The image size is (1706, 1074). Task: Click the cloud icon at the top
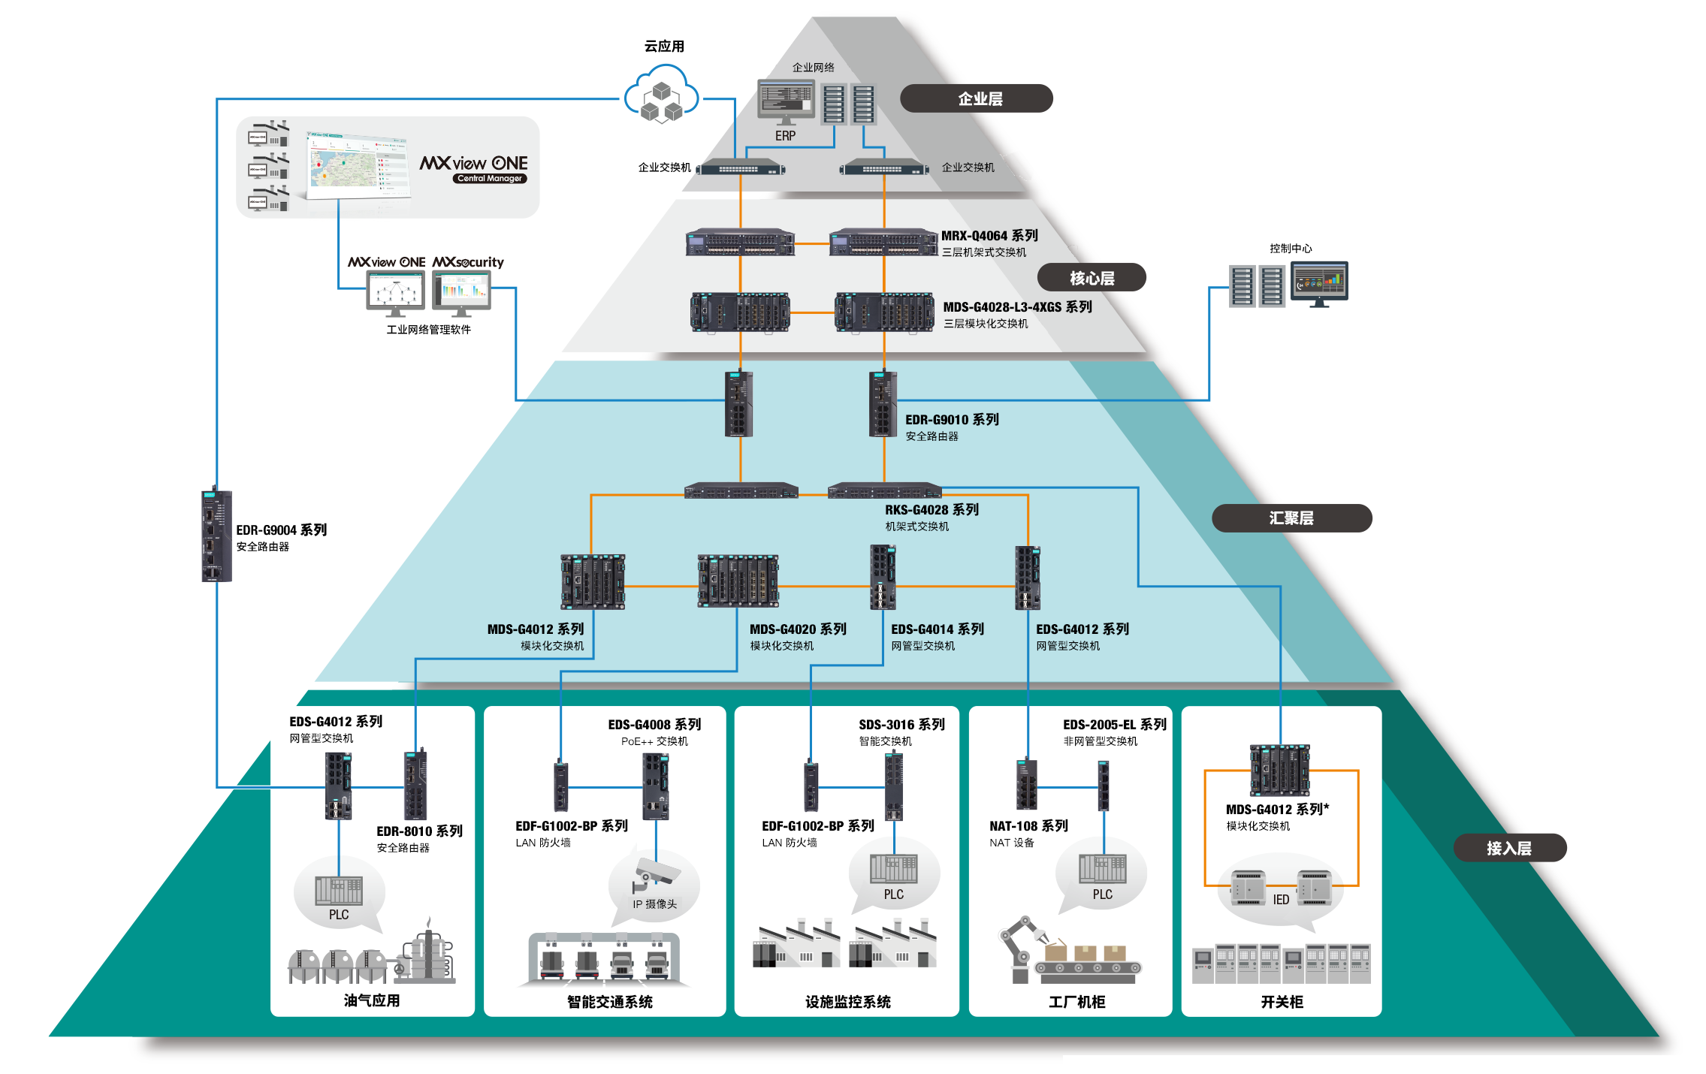pos(661,95)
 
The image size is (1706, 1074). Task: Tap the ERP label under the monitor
pos(785,136)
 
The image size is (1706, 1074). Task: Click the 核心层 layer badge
pos(1092,278)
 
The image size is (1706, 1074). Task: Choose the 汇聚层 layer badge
pos(1291,518)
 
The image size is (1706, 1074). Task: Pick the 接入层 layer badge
pos(1509,848)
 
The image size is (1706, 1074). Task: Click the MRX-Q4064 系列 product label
pos(989,236)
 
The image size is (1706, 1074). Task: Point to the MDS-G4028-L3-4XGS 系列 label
pos(1017,307)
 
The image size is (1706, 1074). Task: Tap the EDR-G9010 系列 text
pos(952,420)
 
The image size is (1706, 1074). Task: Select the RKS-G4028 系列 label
pos(932,510)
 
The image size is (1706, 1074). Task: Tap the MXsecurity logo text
pos(468,262)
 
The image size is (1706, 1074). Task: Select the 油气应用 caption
pos(372,1000)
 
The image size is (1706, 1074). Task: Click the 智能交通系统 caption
pos(609,1002)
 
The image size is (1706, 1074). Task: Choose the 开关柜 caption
pos(1282,1002)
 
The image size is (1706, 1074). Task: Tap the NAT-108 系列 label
pos(1028,826)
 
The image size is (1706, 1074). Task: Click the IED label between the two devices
pos(1281,900)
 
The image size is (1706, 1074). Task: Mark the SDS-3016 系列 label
pos(901,725)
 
